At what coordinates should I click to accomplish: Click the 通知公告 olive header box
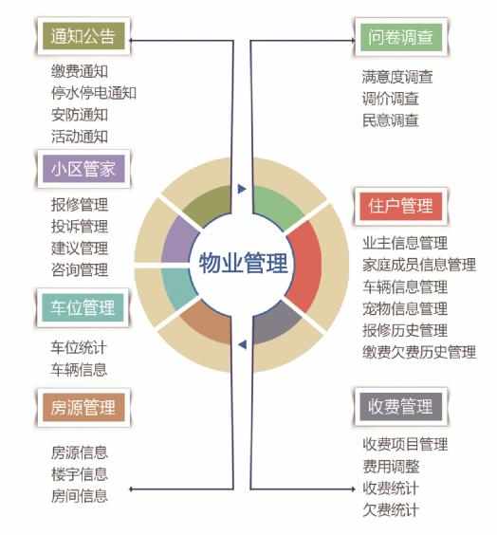coord(83,36)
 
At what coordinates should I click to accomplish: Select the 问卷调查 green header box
coord(401,37)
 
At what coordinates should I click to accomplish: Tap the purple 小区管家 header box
coord(83,169)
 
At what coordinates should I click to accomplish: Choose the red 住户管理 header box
coord(401,206)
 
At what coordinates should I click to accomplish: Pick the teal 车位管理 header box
coord(83,307)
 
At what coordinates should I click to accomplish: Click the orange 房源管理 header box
coord(83,407)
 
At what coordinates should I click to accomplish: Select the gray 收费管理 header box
coord(401,406)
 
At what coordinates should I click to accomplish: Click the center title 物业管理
coord(243,263)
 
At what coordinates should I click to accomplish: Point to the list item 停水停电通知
coord(94,93)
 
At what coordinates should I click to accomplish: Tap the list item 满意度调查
coord(397,77)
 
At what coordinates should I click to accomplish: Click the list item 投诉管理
coord(80,227)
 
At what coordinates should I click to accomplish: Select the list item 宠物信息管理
coord(405,309)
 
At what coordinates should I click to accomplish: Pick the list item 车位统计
coord(79,348)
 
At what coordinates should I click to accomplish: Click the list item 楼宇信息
coord(80,474)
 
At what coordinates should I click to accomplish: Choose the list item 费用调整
coord(391,466)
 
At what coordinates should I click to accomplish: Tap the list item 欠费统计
coord(391,509)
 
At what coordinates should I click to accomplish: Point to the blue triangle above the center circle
coord(242,189)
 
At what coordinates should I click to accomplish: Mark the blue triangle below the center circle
coord(243,344)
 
